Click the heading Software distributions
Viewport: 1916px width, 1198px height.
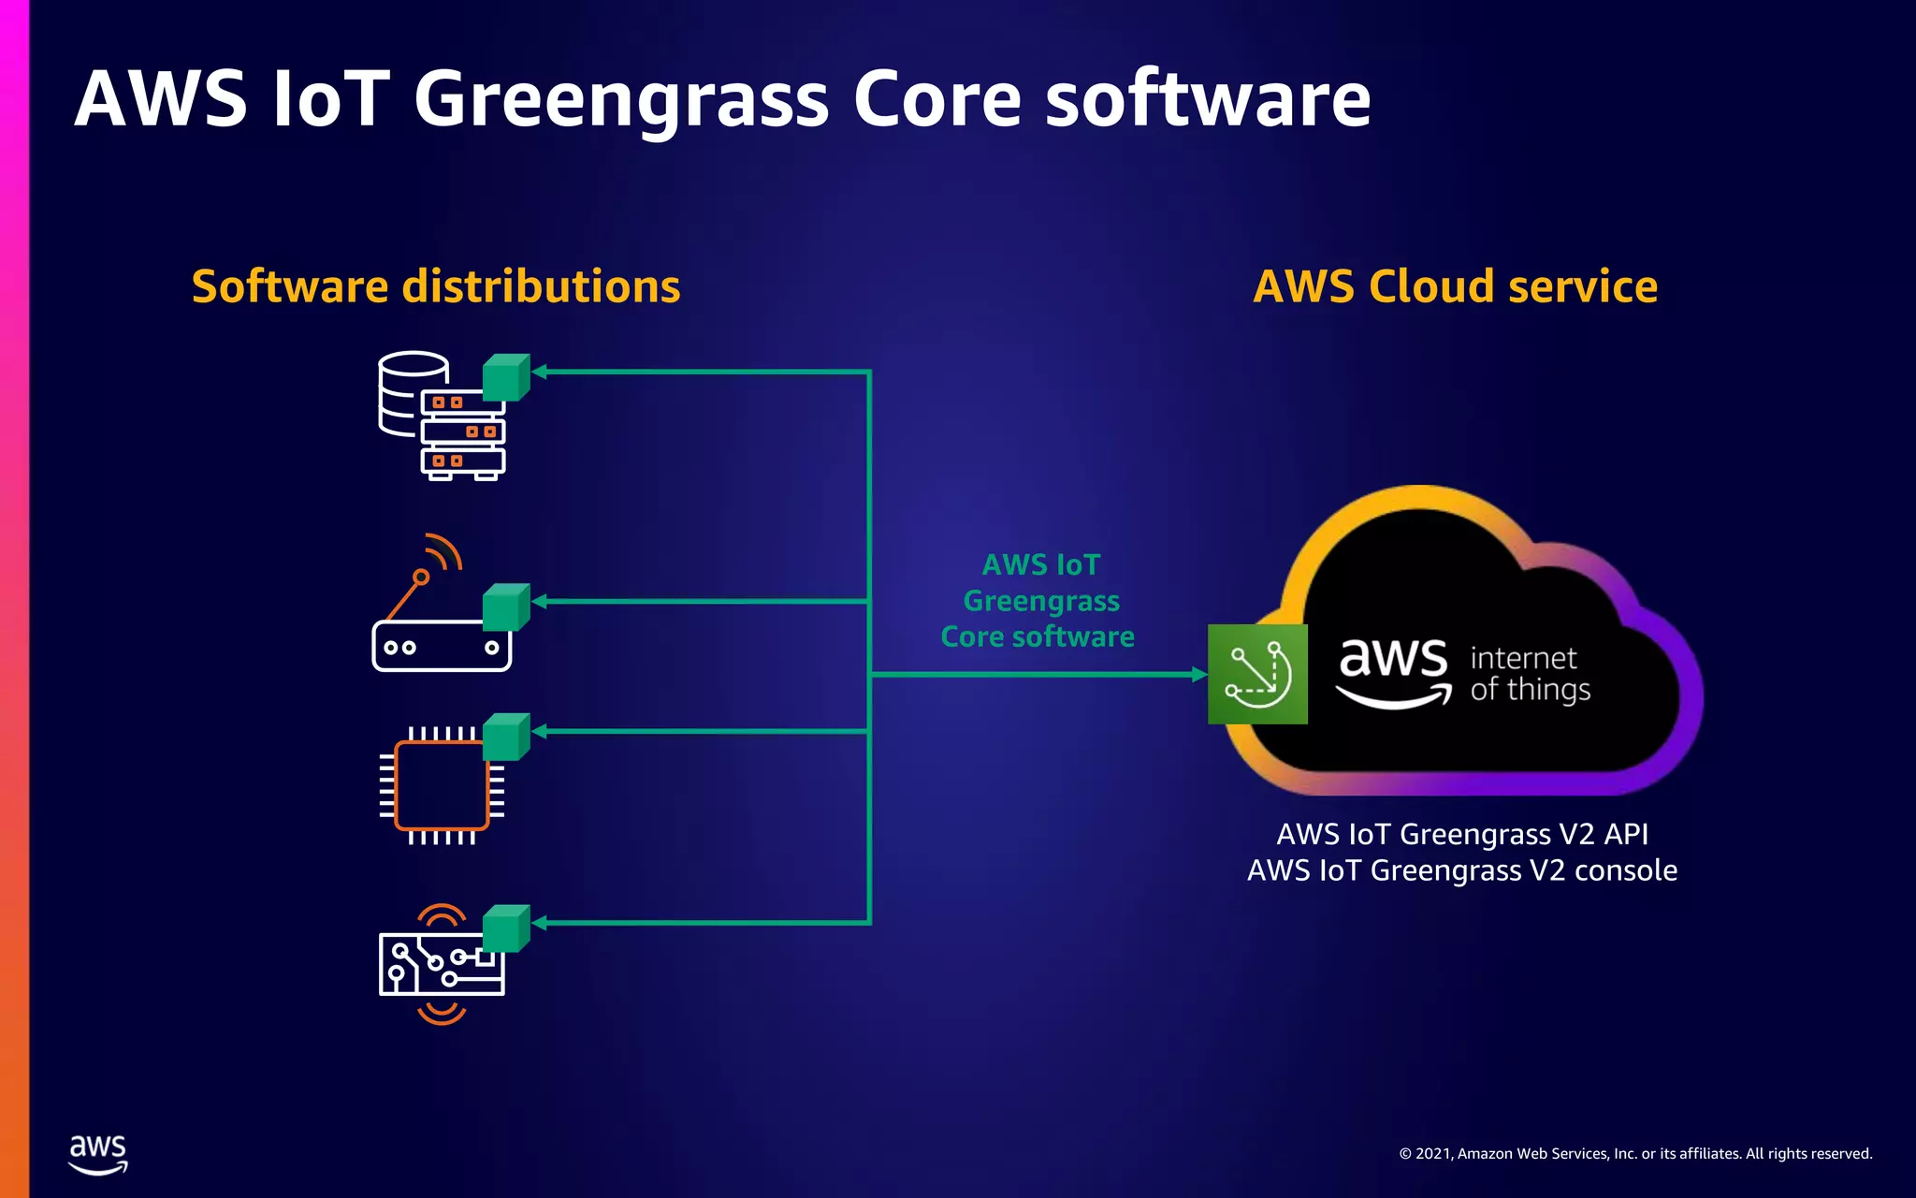click(x=436, y=286)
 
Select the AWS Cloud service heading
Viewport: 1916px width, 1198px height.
click(x=1455, y=286)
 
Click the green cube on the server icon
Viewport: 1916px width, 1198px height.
click(x=506, y=377)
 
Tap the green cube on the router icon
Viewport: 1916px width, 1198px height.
click(x=506, y=607)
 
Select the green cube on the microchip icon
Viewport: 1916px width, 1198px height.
click(x=506, y=737)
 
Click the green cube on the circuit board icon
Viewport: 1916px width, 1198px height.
click(x=506, y=928)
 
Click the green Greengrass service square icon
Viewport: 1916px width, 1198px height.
click(x=1257, y=674)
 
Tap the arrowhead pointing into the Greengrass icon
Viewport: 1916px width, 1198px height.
click(x=1199, y=674)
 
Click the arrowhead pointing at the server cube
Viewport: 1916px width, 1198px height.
click(x=540, y=372)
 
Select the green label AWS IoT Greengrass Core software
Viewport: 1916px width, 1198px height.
click(x=1038, y=601)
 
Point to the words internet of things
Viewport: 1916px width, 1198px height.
click(x=1530, y=674)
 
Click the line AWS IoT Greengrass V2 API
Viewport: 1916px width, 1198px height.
click(x=1461, y=834)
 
